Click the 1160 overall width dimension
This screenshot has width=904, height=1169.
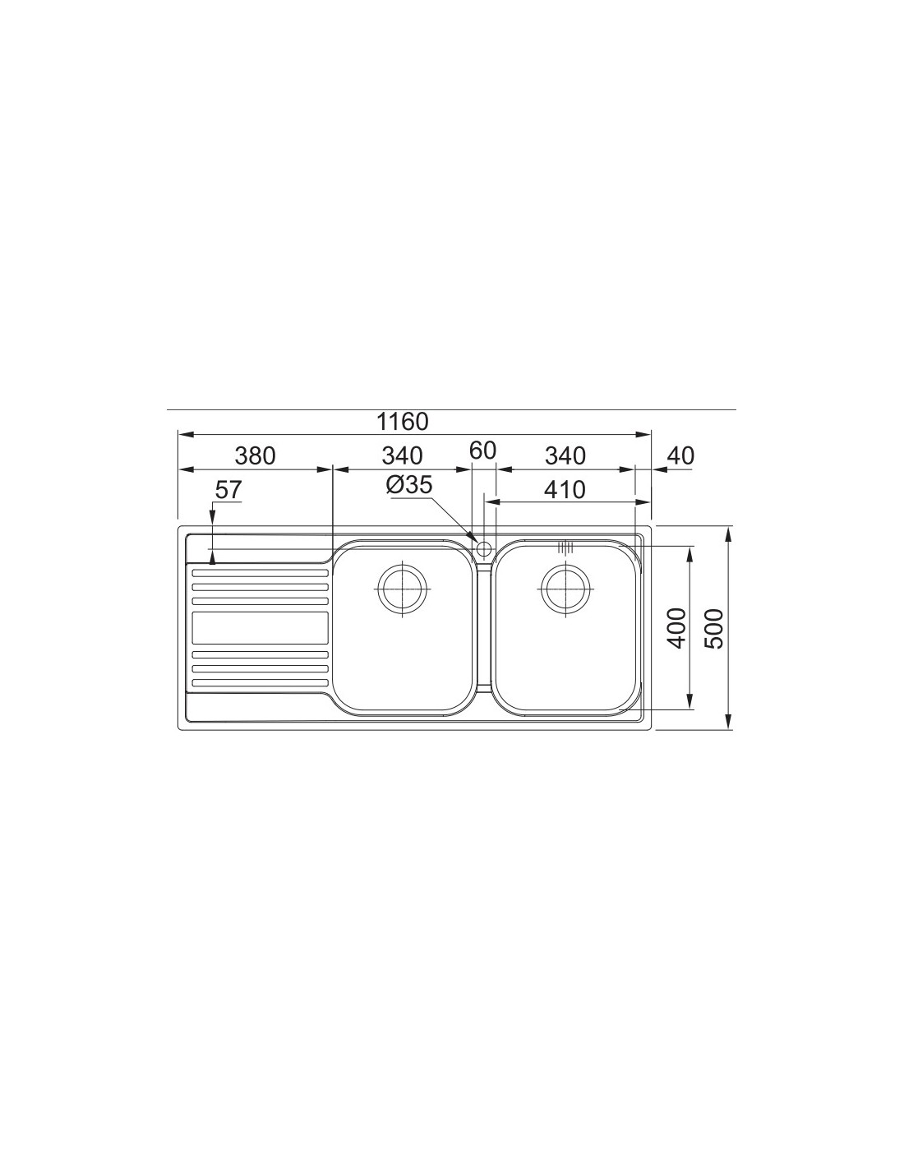(x=402, y=422)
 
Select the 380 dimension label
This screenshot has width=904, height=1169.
(x=255, y=455)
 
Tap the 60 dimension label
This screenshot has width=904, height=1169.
(x=482, y=451)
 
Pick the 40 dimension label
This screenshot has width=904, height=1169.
(x=680, y=455)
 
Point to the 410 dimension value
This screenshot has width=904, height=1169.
(x=565, y=489)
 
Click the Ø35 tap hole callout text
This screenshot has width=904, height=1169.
(x=409, y=485)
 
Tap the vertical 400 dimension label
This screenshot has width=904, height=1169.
(x=677, y=628)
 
